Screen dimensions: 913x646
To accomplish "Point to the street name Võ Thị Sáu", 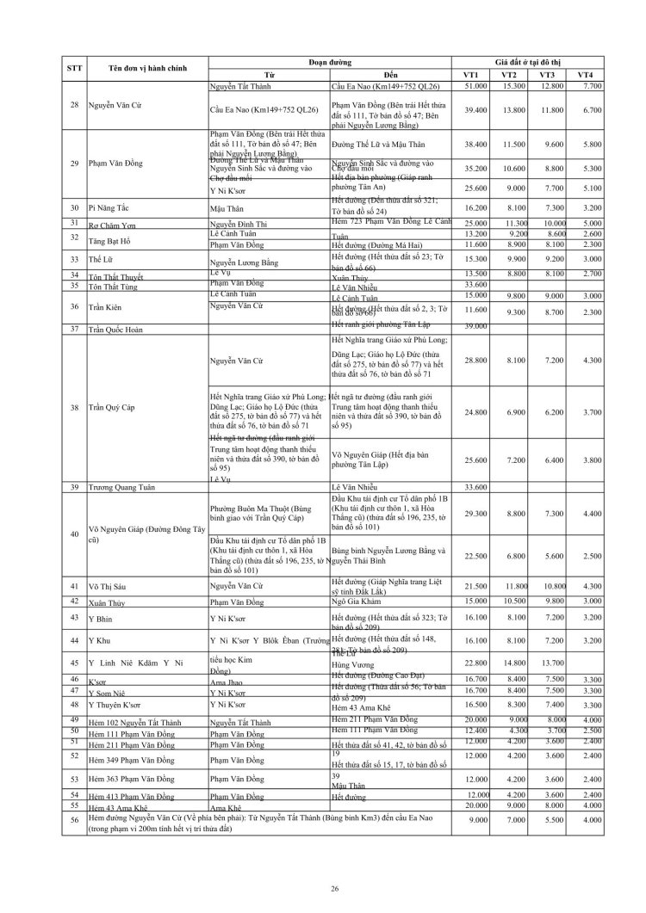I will point(108,586).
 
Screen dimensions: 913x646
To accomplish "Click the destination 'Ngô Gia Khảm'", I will point(357,600).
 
